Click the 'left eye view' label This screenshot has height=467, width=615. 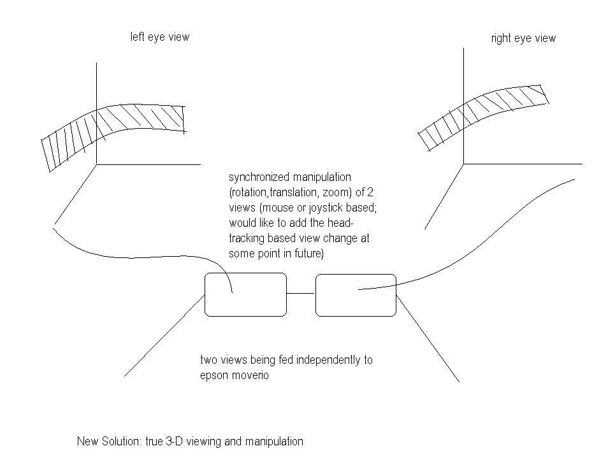[159, 37]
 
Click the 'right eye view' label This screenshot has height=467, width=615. [523, 38]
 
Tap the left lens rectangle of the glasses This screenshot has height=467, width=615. [245, 294]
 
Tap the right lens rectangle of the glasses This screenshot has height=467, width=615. [356, 294]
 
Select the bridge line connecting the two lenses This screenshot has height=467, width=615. [301, 293]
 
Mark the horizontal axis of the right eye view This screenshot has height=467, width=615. [523, 164]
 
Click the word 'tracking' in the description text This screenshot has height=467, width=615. [249, 238]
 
